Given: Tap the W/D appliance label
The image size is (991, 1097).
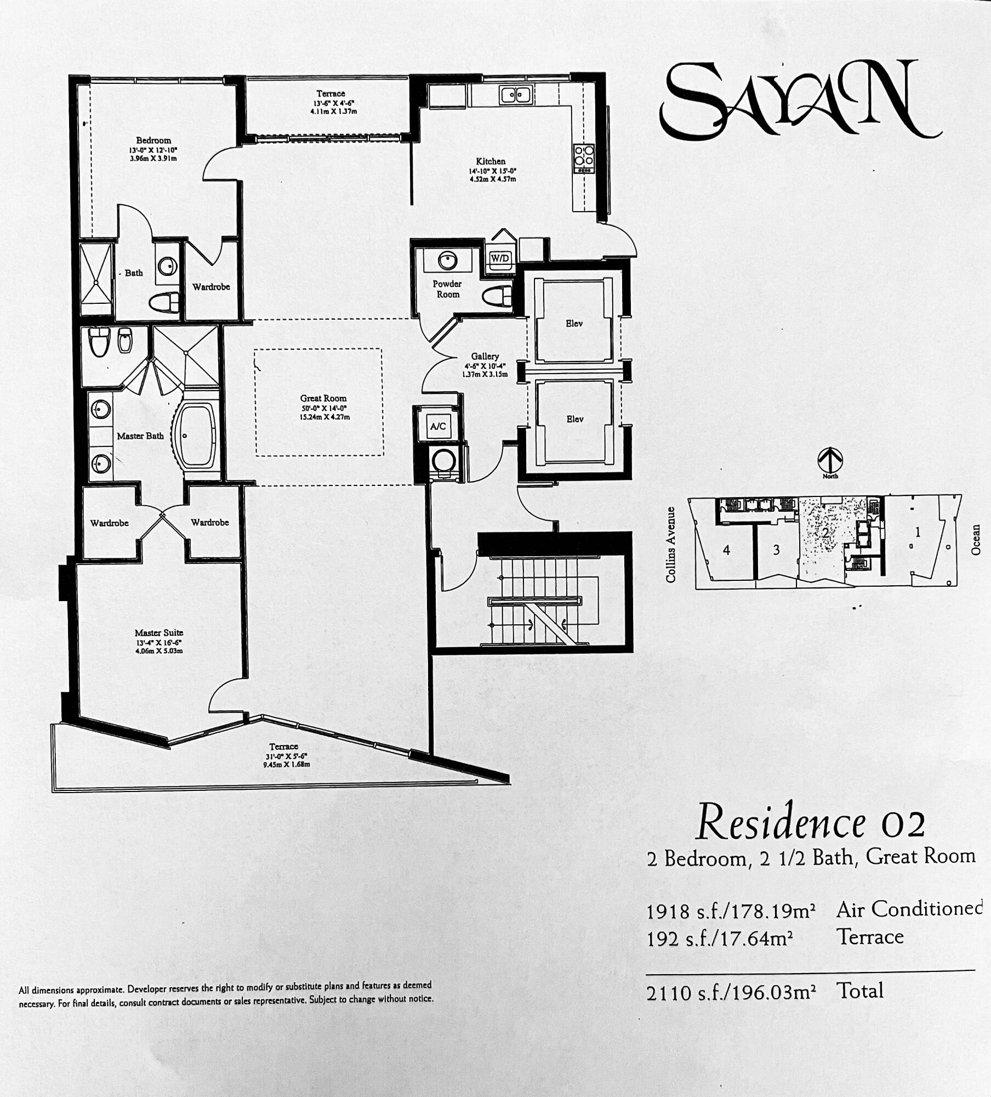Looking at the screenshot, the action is click(x=499, y=258).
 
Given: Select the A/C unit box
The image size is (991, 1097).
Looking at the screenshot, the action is click(x=438, y=426).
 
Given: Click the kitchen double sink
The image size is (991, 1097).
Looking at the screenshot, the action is click(x=516, y=95).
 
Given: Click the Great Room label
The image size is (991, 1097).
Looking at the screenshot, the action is click(x=323, y=398).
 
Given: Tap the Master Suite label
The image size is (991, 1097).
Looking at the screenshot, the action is click(x=159, y=632).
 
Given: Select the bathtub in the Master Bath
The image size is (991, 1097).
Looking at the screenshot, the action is click(x=196, y=436).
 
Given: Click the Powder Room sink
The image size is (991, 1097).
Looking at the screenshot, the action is click(x=447, y=260).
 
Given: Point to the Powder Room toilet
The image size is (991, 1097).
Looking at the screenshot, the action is click(x=497, y=296).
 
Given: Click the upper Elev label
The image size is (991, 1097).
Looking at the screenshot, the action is click(x=574, y=324).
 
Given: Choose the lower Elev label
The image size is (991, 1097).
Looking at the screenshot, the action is click(x=575, y=419).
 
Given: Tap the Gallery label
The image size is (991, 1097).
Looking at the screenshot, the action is click(x=485, y=356).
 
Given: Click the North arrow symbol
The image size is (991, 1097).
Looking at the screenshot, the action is click(x=830, y=460).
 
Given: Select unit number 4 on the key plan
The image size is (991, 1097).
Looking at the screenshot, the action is click(x=726, y=550).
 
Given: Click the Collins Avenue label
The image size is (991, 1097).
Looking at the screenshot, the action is click(x=670, y=545).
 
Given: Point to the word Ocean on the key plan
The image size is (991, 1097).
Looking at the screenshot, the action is click(x=976, y=540).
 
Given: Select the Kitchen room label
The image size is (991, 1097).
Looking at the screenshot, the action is click(x=491, y=161).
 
